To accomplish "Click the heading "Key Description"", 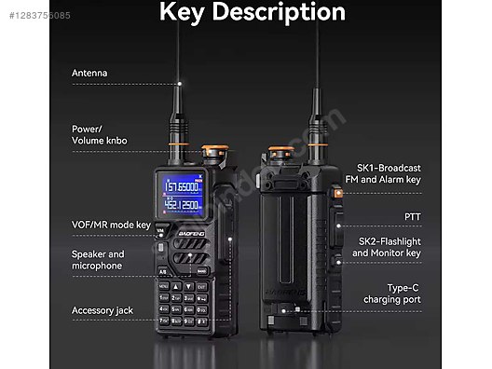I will click(253, 12).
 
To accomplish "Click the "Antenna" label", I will click(89, 73).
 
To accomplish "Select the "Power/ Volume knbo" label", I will click(100, 135).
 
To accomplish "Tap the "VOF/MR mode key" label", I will click(111, 225).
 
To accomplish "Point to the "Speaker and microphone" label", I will click(98, 260).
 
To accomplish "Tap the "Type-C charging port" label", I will click(391, 294).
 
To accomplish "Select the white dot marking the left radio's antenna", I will click(179, 83).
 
